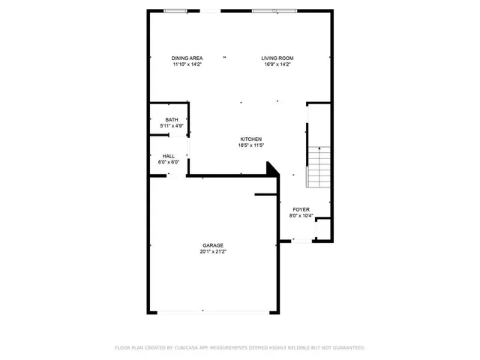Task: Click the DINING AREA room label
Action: pyautogui.click(x=187, y=58)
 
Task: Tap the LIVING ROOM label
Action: pyautogui.click(x=277, y=58)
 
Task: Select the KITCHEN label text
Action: pyautogui.click(x=250, y=139)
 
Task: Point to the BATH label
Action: pyautogui.click(x=172, y=120)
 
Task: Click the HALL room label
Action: pyautogui.click(x=169, y=156)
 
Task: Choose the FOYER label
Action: pyautogui.click(x=301, y=210)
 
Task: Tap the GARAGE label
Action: pyautogui.click(x=212, y=245)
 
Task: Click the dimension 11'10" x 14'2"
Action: pyautogui.click(x=187, y=64)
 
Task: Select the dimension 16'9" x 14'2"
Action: pyautogui.click(x=277, y=64)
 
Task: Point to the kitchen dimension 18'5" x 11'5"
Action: pyautogui.click(x=250, y=145)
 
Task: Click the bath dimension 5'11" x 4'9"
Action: pyautogui.click(x=172, y=126)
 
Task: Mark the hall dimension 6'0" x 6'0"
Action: pyautogui.click(x=169, y=162)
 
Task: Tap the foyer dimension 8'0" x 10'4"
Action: pyautogui.click(x=301, y=216)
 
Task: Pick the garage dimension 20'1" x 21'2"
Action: pyautogui.click(x=212, y=252)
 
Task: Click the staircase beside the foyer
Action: pyautogui.click(x=319, y=167)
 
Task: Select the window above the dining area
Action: pyautogui.click(x=176, y=10)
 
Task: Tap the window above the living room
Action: pyautogui.click(x=274, y=10)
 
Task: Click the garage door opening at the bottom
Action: pyautogui.click(x=213, y=312)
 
